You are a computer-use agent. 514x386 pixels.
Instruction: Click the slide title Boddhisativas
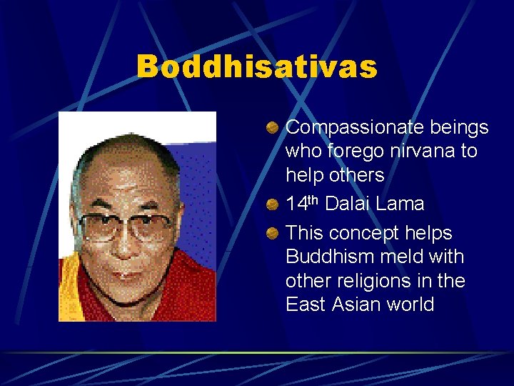(256, 67)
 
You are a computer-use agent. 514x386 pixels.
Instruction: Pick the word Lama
(401, 204)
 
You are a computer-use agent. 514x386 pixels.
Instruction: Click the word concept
(366, 233)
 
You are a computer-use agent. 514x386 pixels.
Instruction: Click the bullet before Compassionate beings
(273, 128)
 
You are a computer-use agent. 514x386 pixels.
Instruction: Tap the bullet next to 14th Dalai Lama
(273, 204)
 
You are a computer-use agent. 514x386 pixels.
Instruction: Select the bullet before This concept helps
(273, 233)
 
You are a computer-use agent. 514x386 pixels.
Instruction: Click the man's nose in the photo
(126, 247)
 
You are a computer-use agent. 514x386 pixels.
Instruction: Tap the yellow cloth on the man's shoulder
(69, 293)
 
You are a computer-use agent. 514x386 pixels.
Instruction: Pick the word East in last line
(306, 305)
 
